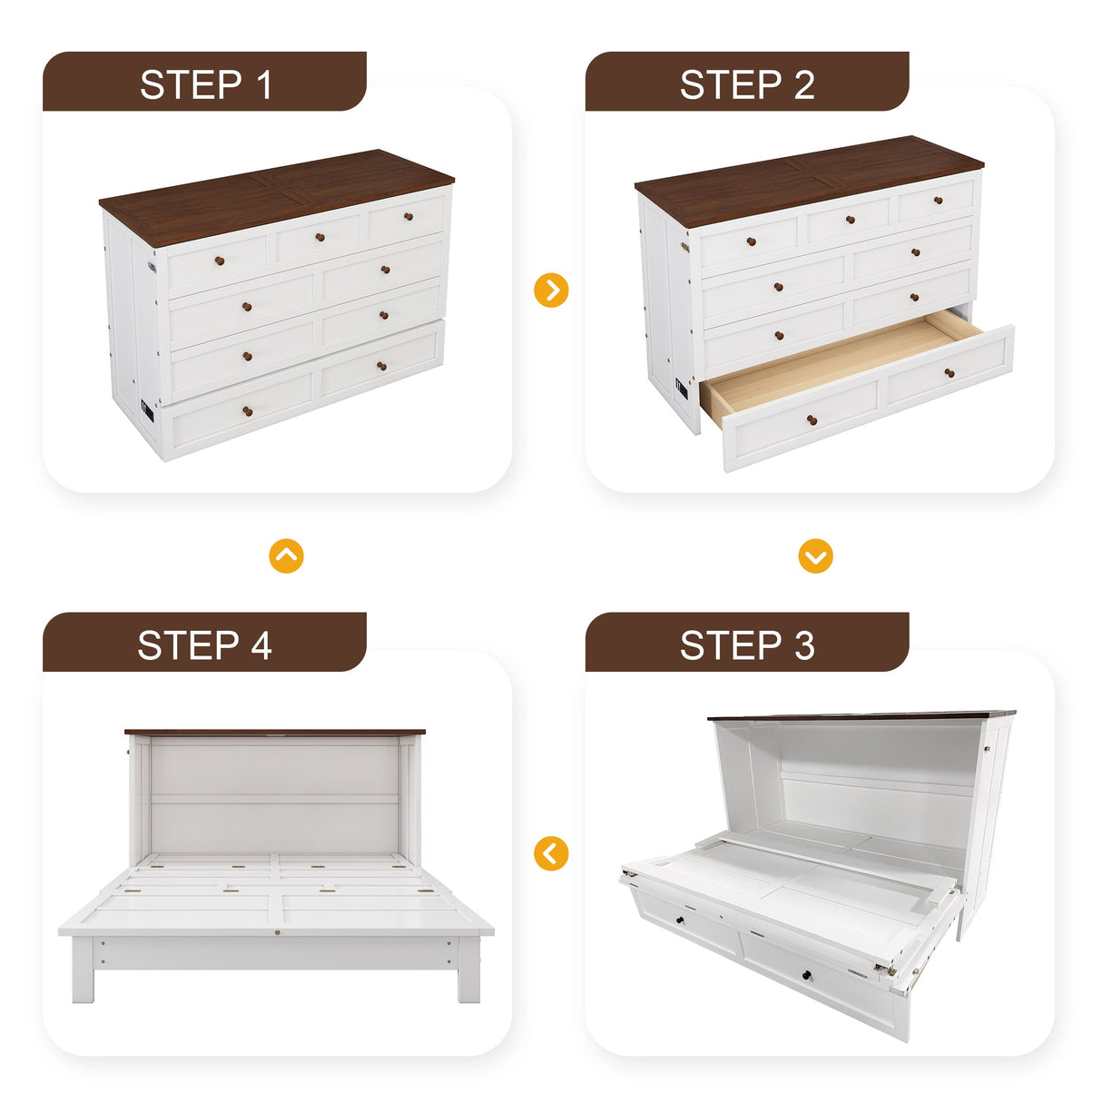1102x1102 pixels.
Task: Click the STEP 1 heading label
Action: point(205,84)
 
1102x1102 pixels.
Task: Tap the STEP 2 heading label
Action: point(747,84)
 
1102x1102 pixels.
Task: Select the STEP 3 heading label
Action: point(747,645)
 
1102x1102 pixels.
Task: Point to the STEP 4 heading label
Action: point(205,645)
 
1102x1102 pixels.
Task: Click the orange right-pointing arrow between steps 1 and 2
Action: point(551,290)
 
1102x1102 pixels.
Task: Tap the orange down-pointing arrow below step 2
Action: point(815,556)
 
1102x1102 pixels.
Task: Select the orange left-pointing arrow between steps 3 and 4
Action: point(551,853)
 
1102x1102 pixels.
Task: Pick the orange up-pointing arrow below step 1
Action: point(287,556)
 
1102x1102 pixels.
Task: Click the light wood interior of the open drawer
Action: point(835,363)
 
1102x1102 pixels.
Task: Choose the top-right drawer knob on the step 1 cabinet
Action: point(408,216)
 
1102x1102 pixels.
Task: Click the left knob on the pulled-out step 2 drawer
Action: point(812,421)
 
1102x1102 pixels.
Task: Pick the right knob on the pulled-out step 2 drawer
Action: point(949,373)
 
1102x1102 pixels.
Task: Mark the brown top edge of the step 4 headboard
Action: point(274,732)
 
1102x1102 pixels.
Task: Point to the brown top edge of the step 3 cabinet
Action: point(862,716)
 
